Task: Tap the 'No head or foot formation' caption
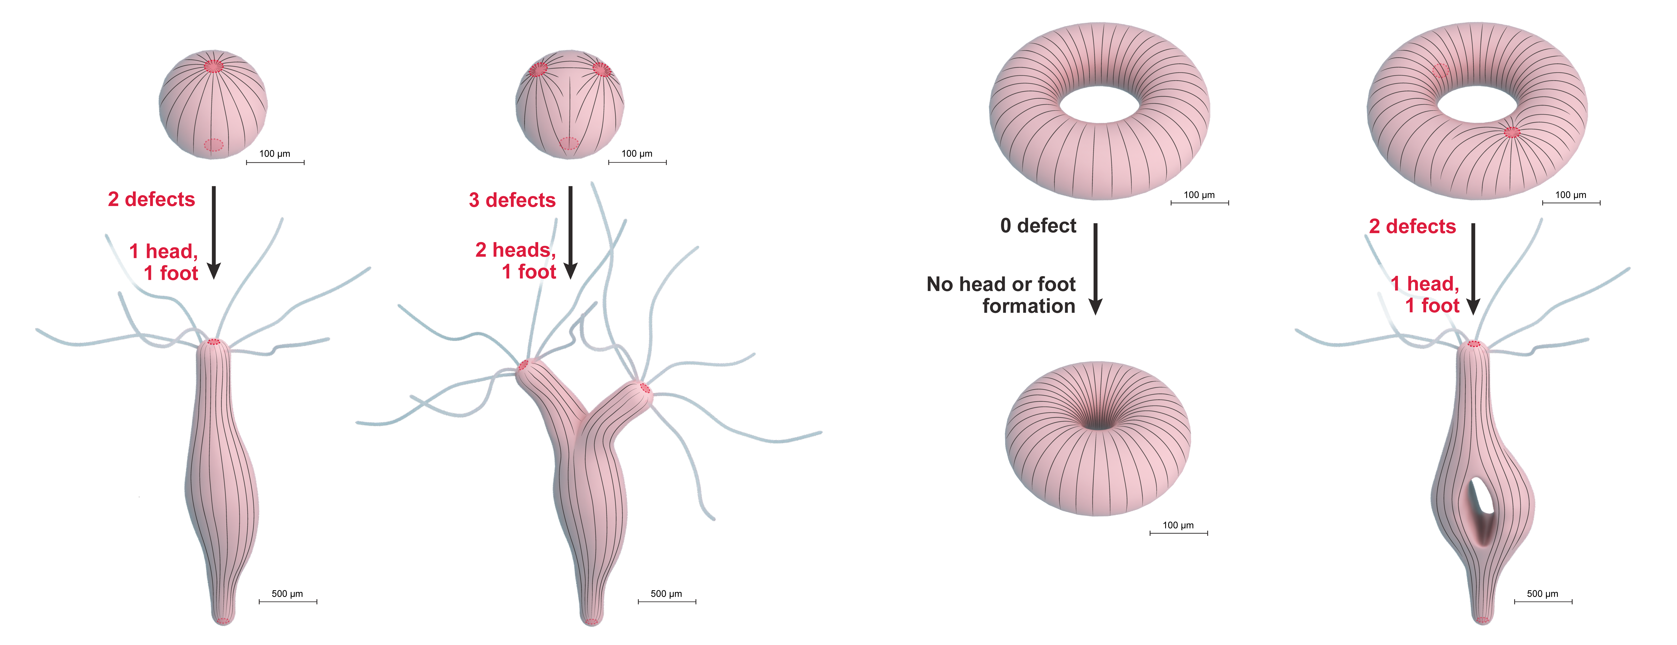click(1001, 295)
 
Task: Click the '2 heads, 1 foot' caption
click(516, 260)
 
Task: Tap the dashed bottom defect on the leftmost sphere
click(213, 145)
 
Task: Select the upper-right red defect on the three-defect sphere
click(601, 69)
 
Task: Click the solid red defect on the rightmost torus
click(1512, 132)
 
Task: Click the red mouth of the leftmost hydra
click(213, 342)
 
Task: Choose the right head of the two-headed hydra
click(645, 388)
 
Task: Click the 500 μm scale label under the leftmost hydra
click(287, 594)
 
